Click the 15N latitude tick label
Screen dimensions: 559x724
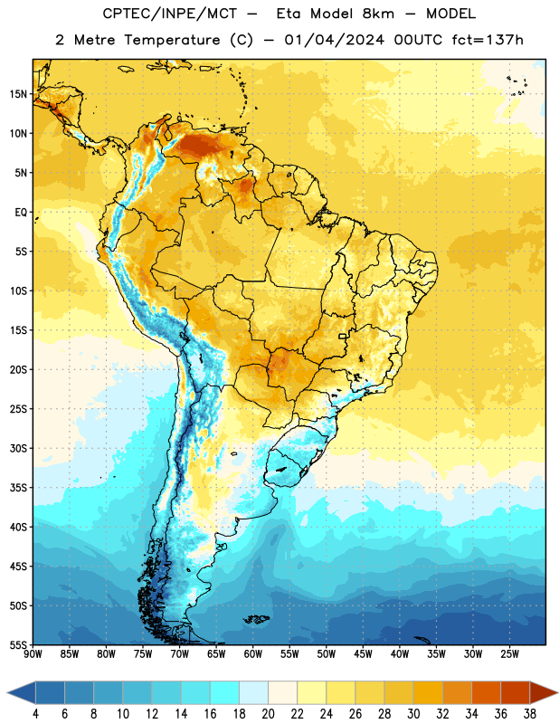(x=18, y=94)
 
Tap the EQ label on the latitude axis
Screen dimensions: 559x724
(x=21, y=213)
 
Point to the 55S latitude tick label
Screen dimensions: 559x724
(x=18, y=644)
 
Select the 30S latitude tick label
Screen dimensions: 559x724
(x=18, y=448)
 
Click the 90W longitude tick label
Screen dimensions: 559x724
(x=33, y=654)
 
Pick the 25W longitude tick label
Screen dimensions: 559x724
(x=509, y=654)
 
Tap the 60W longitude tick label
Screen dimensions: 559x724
(x=253, y=654)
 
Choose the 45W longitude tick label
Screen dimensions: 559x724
(x=363, y=654)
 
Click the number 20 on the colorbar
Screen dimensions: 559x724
(x=268, y=714)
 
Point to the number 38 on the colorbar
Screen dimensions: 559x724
(x=530, y=714)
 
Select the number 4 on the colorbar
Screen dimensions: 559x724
(x=35, y=714)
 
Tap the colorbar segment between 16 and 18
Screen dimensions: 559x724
(x=225, y=692)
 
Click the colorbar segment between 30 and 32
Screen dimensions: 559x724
(x=429, y=692)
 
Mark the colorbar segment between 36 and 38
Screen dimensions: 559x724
(x=516, y=692)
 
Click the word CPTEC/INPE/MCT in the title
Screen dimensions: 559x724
(x=169, y=14)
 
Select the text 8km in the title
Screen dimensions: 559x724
(x=378, y=14)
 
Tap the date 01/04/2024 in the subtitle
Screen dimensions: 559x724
(x=334, y=40)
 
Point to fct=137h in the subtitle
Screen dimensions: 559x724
(x=488, y=40)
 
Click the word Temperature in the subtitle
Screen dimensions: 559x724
(x=172, y=41)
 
